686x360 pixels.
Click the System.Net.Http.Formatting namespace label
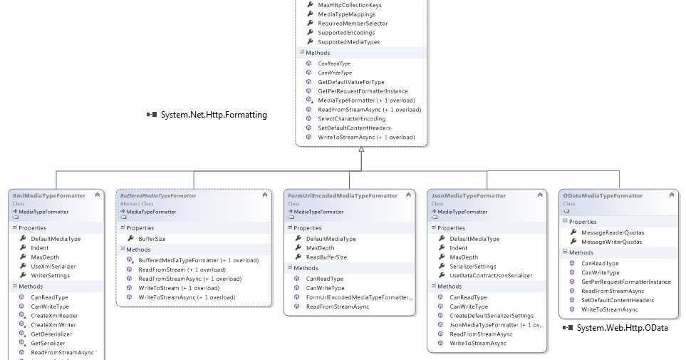[212, 115]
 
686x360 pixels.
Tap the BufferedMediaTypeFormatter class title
[157, 195]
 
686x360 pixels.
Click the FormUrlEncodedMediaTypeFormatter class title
[343, 195]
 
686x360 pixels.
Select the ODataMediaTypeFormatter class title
[602, 195]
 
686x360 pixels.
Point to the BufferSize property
[152, 239]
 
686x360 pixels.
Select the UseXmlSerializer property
[53, 266]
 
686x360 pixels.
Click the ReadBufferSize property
[326, 257]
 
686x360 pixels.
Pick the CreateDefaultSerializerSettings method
[492, 316]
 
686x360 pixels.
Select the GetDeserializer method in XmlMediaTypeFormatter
[51, 334]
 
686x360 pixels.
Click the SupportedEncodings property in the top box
[346, 33]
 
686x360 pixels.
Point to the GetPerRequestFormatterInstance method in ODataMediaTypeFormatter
[625, 282]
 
